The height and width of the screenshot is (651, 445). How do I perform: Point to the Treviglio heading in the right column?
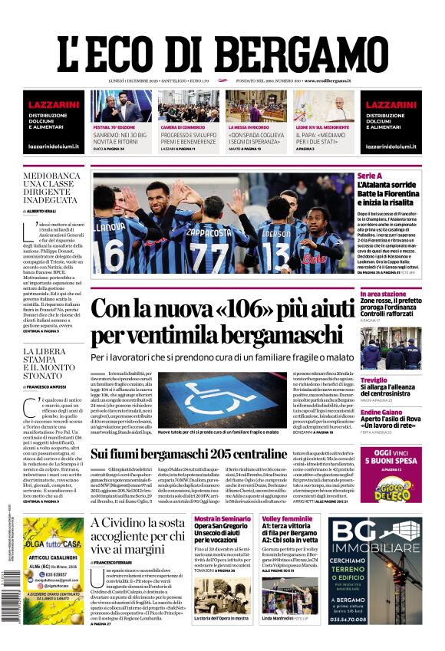click(374, 380)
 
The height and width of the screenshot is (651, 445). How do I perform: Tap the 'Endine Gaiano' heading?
click(381, 413)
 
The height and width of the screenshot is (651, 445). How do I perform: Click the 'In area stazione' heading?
click(383, 294)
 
